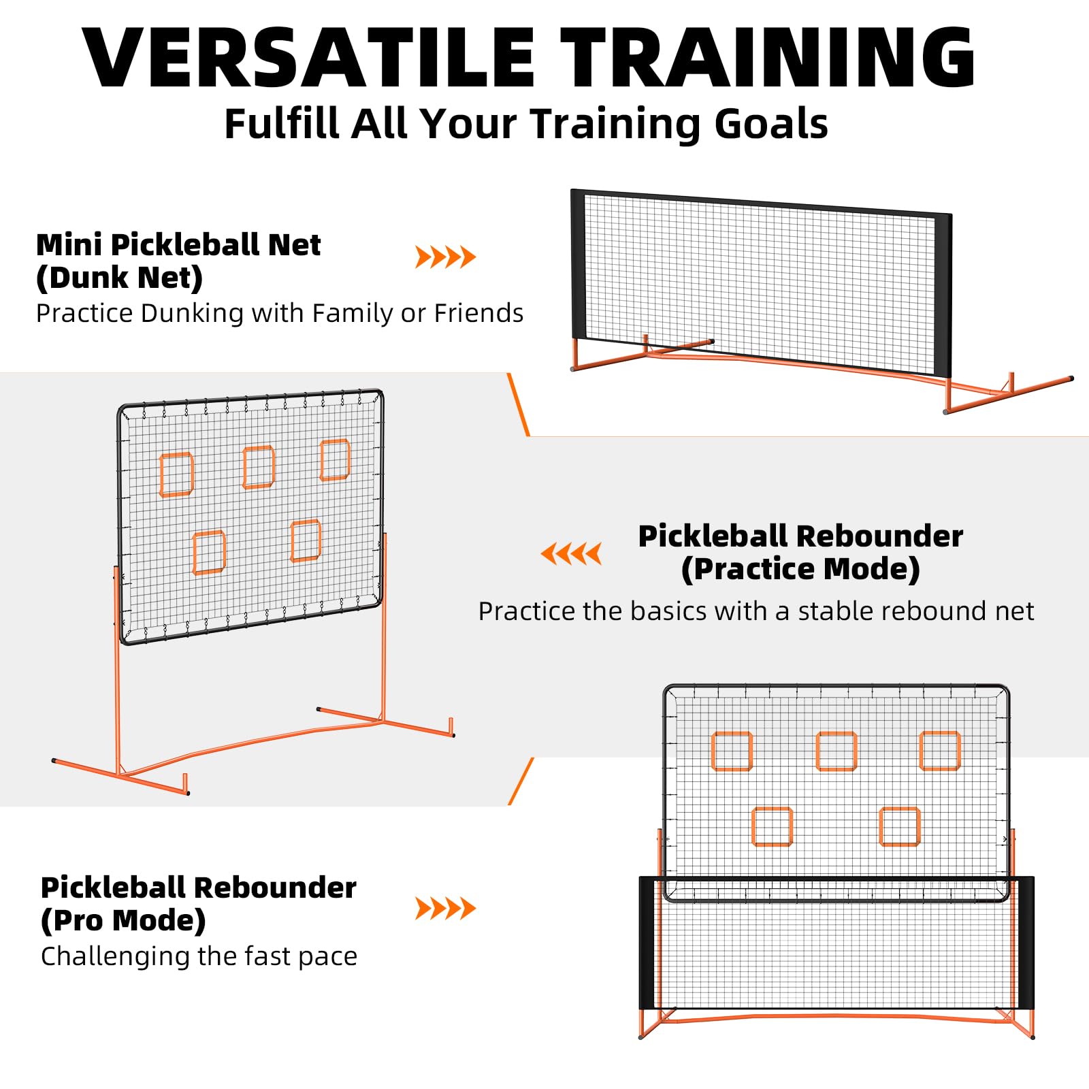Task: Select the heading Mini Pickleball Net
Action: pos(178,244)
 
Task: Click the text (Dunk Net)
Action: pos(120,278)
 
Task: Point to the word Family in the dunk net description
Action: pos(353,313)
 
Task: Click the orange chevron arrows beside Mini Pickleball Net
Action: pos(446,257)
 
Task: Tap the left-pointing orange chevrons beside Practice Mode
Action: pos(571,553)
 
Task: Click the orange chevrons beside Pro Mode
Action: pos(446,908)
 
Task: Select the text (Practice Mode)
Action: pos(800,570)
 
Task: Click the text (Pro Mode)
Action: pos(123,921)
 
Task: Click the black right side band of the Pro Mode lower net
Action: pos(1026,943)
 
